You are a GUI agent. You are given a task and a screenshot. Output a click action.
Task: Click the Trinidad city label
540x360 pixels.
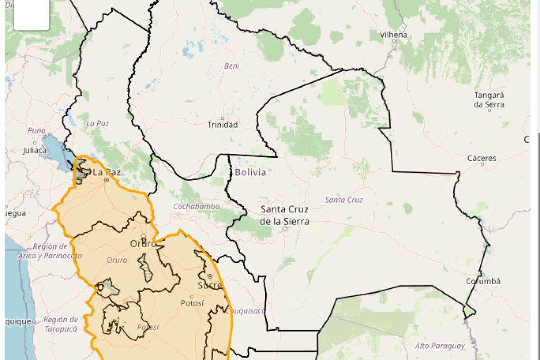tap(223, 125)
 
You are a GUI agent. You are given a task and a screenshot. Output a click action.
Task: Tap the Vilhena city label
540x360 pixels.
tap(393, 35)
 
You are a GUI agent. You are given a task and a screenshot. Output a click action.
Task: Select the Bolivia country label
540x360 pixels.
tap(251, 172)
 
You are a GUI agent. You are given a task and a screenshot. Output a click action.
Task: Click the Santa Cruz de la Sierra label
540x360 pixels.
tap(284, 215)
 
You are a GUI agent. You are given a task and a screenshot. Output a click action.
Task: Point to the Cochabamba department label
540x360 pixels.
tap(196, 207)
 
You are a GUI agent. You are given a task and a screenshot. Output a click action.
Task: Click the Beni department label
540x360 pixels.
tap(232, 66)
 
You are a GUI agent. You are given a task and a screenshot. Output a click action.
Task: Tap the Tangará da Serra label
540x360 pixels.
tap(489, 99)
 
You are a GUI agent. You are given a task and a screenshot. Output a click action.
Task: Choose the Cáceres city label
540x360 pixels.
tap(481, 158)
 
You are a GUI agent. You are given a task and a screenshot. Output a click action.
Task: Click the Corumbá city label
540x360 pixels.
tap(483, 281)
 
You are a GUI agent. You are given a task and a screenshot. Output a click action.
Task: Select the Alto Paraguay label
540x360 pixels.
tap(440, 346)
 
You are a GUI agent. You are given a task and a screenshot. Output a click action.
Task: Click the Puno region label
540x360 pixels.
tap(36, 130)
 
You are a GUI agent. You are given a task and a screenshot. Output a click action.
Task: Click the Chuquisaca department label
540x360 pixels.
tap(245, 311)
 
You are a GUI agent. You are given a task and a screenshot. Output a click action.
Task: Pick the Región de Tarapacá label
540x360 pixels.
tap(61, 324)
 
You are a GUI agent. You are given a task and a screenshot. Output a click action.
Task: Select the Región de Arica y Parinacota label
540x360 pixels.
tap(50, 251)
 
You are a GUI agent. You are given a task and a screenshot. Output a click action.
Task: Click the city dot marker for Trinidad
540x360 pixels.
tap(223, 118)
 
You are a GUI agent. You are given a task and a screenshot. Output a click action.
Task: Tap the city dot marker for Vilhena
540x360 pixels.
tap(394, 41)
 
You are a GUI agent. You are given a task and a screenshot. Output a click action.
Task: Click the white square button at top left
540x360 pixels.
tap(31, 14)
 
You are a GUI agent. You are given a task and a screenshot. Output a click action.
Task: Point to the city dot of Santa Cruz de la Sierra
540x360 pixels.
tap(285, 229)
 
